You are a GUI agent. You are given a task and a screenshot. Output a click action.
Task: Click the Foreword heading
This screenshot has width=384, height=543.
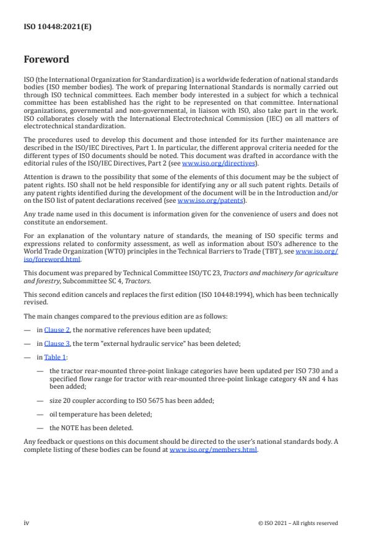click(46, 60)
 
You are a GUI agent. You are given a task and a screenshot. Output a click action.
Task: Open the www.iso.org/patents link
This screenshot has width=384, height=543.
click(203, 200)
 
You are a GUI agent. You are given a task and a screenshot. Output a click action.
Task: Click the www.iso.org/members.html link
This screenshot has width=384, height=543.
click(214, 449)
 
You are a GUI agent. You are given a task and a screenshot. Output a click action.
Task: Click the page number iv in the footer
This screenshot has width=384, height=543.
click(27, 523)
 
